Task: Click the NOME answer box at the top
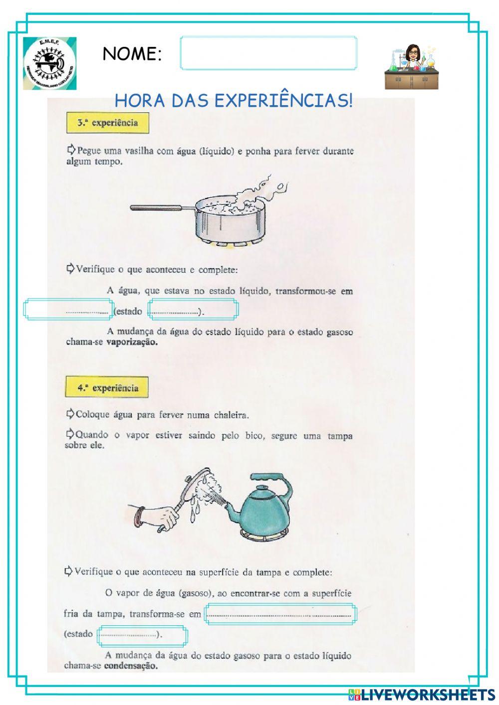[x=268, y=53]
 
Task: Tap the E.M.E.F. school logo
[x=50, y=63]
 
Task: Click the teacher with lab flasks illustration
[x=412, y=67]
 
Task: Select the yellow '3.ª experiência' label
[x=108, y=123]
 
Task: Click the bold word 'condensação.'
[x=131, y=666]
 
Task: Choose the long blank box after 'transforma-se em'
[x=279, y=614]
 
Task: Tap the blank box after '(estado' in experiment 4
[x=143, y=635]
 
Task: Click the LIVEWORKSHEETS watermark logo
[x=422, y=694]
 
